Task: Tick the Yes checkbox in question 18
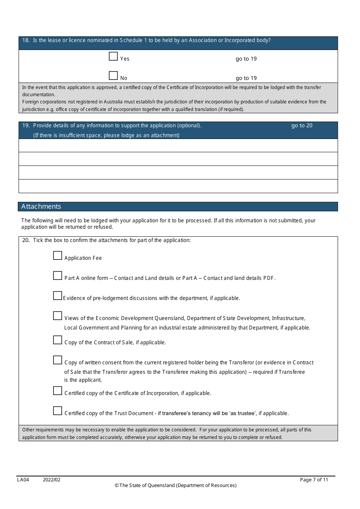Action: (113, 56)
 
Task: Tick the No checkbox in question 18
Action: (113, 76)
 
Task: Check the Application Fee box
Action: (58, 256)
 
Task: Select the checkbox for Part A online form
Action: (58, 276)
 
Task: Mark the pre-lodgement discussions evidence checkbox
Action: (58, 296)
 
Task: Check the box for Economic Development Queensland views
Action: (58, 316)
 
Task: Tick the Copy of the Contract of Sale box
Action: (58, 340)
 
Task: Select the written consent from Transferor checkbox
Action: (58, 360)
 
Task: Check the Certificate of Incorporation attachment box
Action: (58, 391)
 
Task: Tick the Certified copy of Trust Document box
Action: (58, 411)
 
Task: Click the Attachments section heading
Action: (41, 206)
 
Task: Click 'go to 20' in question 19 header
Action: (302, 126)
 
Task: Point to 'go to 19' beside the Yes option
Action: (246, 59)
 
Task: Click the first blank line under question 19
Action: (178, 145)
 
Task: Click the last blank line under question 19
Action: (178, 186)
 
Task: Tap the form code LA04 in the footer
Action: (23, 480)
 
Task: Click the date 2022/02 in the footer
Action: (52, 480)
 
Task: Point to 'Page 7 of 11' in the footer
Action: (314, 480)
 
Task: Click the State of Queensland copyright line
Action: (175, 486)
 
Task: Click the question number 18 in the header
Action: (26, 41)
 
